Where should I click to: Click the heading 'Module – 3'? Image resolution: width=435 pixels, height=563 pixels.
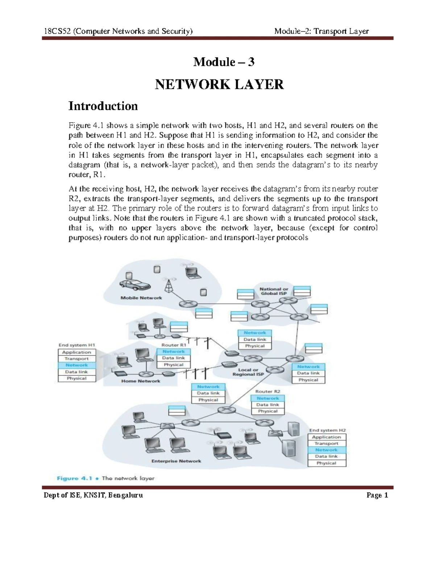point(224,62)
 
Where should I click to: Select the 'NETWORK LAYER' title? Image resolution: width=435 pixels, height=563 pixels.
point(219,84)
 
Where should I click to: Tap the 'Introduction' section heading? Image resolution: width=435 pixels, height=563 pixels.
point(103,106)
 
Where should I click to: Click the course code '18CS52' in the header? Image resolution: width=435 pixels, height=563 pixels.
point(57,31)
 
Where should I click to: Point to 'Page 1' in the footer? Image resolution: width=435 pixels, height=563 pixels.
point(377,495)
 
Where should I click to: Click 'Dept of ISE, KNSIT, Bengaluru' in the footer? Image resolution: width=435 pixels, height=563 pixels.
point(93,495)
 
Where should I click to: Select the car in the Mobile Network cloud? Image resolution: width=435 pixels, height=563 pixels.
point(135,285)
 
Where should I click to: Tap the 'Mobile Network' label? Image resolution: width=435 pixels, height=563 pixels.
point(141,298)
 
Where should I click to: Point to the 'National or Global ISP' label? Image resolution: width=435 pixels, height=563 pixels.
point(274,291)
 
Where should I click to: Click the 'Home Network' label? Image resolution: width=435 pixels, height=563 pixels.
point(141,381)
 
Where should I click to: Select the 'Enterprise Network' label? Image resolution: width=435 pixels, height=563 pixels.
point(176,461)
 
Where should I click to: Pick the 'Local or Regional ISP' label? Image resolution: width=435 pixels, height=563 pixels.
point(248,372)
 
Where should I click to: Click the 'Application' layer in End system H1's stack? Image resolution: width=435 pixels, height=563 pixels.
point(76,352)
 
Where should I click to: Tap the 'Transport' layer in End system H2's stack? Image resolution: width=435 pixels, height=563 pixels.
point(326,443)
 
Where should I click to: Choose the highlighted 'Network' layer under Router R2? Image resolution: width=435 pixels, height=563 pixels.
point(268,398)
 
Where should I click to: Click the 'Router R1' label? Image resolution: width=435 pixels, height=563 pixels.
point(174,345)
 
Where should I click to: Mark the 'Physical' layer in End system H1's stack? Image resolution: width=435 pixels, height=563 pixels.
point(76,378)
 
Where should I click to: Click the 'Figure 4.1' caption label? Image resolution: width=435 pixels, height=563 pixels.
point(74,478)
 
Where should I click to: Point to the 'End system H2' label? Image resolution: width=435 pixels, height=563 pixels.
point(327,430)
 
